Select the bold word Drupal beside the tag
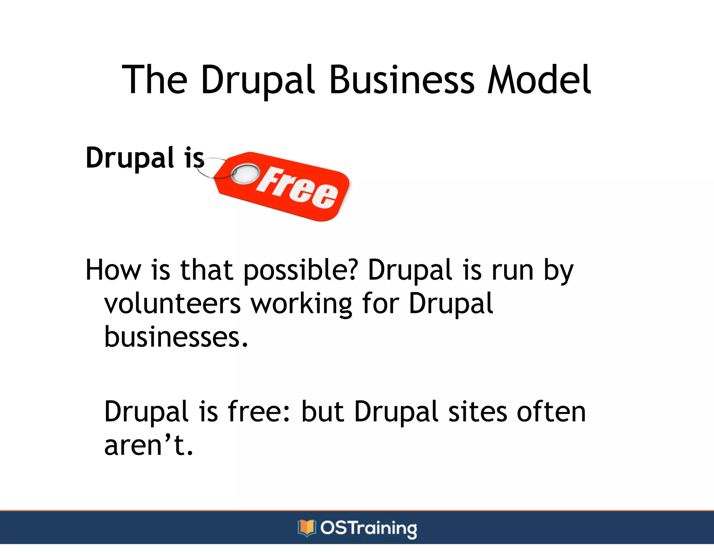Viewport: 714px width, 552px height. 130,158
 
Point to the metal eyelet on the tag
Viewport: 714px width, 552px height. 245,174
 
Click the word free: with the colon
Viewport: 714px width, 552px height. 259,411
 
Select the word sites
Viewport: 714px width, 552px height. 477,411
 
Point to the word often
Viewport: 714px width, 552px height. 551,411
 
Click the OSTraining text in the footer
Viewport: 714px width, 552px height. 369,528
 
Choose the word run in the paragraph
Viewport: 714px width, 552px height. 512,270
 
